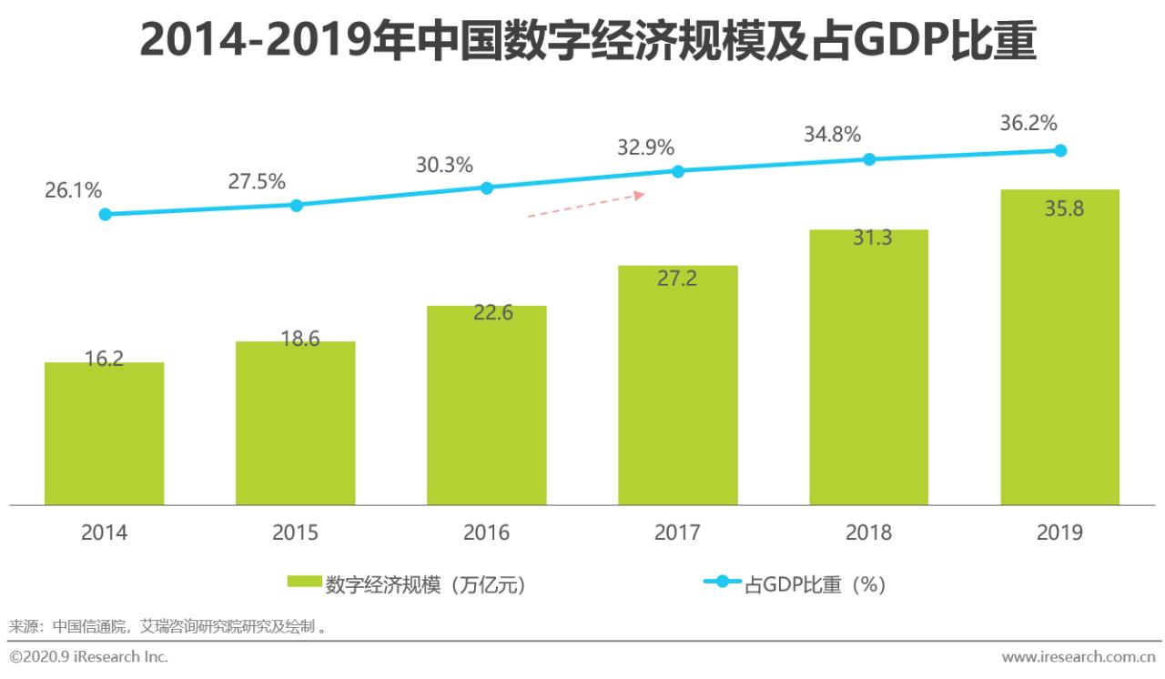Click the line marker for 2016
pos(486,187)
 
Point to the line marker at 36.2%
pos(1059,150)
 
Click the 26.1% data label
pos(73,190)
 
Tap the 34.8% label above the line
pos(832,135)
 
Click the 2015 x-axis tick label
pos(295,532)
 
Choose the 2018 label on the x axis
pos(868,532)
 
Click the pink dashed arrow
pos(586,205)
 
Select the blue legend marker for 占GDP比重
pos(722,583)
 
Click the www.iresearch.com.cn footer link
pos(1079,656)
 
